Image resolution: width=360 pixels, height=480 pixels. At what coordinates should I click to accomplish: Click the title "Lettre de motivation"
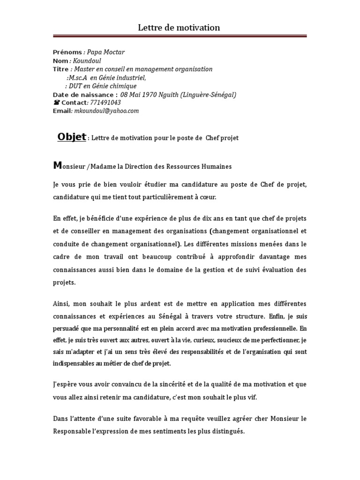click(179, 28)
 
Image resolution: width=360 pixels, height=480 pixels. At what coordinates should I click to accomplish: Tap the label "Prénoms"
click(67, 52)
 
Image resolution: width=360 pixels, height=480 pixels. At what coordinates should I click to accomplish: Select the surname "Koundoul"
click(87, 60)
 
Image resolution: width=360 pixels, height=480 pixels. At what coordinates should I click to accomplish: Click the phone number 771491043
click(105, 103)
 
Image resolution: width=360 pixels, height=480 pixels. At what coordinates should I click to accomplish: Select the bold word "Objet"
click(71, 137)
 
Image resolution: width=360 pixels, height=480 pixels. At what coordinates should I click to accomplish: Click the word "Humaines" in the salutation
click(217, 166)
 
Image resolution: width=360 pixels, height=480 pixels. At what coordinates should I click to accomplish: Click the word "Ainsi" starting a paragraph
click(60, 303)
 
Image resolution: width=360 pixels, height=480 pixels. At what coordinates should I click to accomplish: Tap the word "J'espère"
click(64, 383)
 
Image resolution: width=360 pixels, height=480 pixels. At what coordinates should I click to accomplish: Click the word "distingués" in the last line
click(228, 431)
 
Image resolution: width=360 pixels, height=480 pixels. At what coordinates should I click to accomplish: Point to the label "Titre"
click(60, 69)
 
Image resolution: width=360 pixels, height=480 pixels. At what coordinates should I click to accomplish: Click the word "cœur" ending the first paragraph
click(208, 197)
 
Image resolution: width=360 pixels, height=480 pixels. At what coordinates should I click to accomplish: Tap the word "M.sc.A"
click(78, 77)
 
